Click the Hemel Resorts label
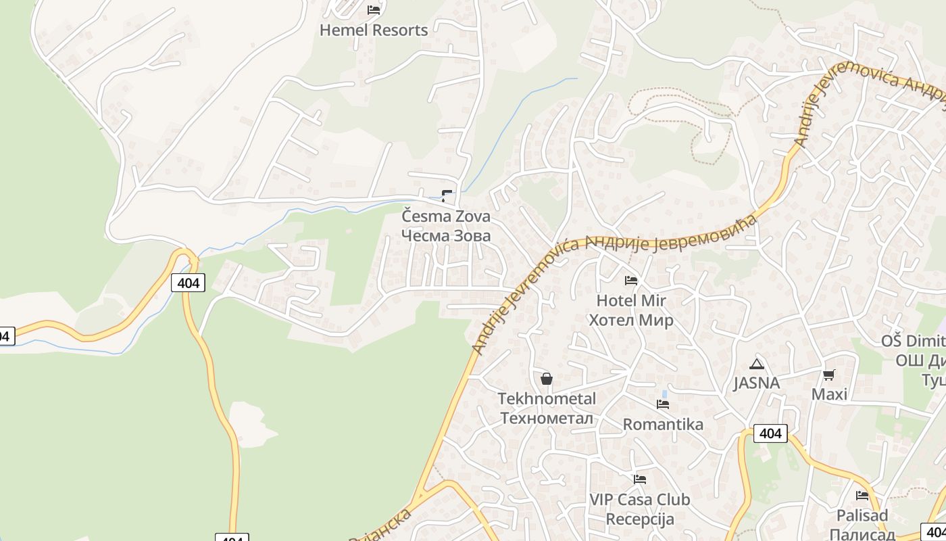(x=374, y=30)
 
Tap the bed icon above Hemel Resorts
(x=374, y=9)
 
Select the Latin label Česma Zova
(x=446, y=216)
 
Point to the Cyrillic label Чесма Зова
(x=446, y=235)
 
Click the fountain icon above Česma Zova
(x=446, y=196)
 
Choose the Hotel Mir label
(x=631, y=300)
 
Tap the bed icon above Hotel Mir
(x=631, y=280)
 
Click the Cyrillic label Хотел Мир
(x=631, y=320)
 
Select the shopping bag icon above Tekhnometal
(x=547, y=379)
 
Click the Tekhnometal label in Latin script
(x=547, y=398)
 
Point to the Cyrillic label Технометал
(x=547, y=418)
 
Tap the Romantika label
(x=663, y=424)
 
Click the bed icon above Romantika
(x=663, y=404)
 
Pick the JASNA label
(x=757, y=383)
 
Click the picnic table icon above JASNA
(x=757, y=364)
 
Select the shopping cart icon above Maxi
(x=829, y=375)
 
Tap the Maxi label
(x=829, y=394)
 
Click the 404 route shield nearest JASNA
(x=770, y=433)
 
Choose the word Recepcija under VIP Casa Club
(x=640, y=519)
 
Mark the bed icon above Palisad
(x=862, y=496)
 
